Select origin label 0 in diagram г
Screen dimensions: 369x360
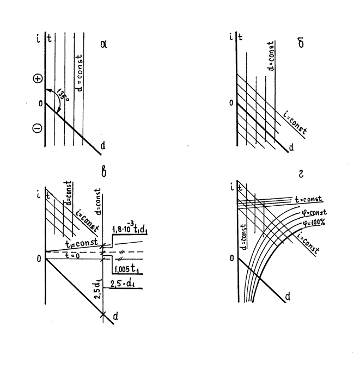point(233,259)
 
